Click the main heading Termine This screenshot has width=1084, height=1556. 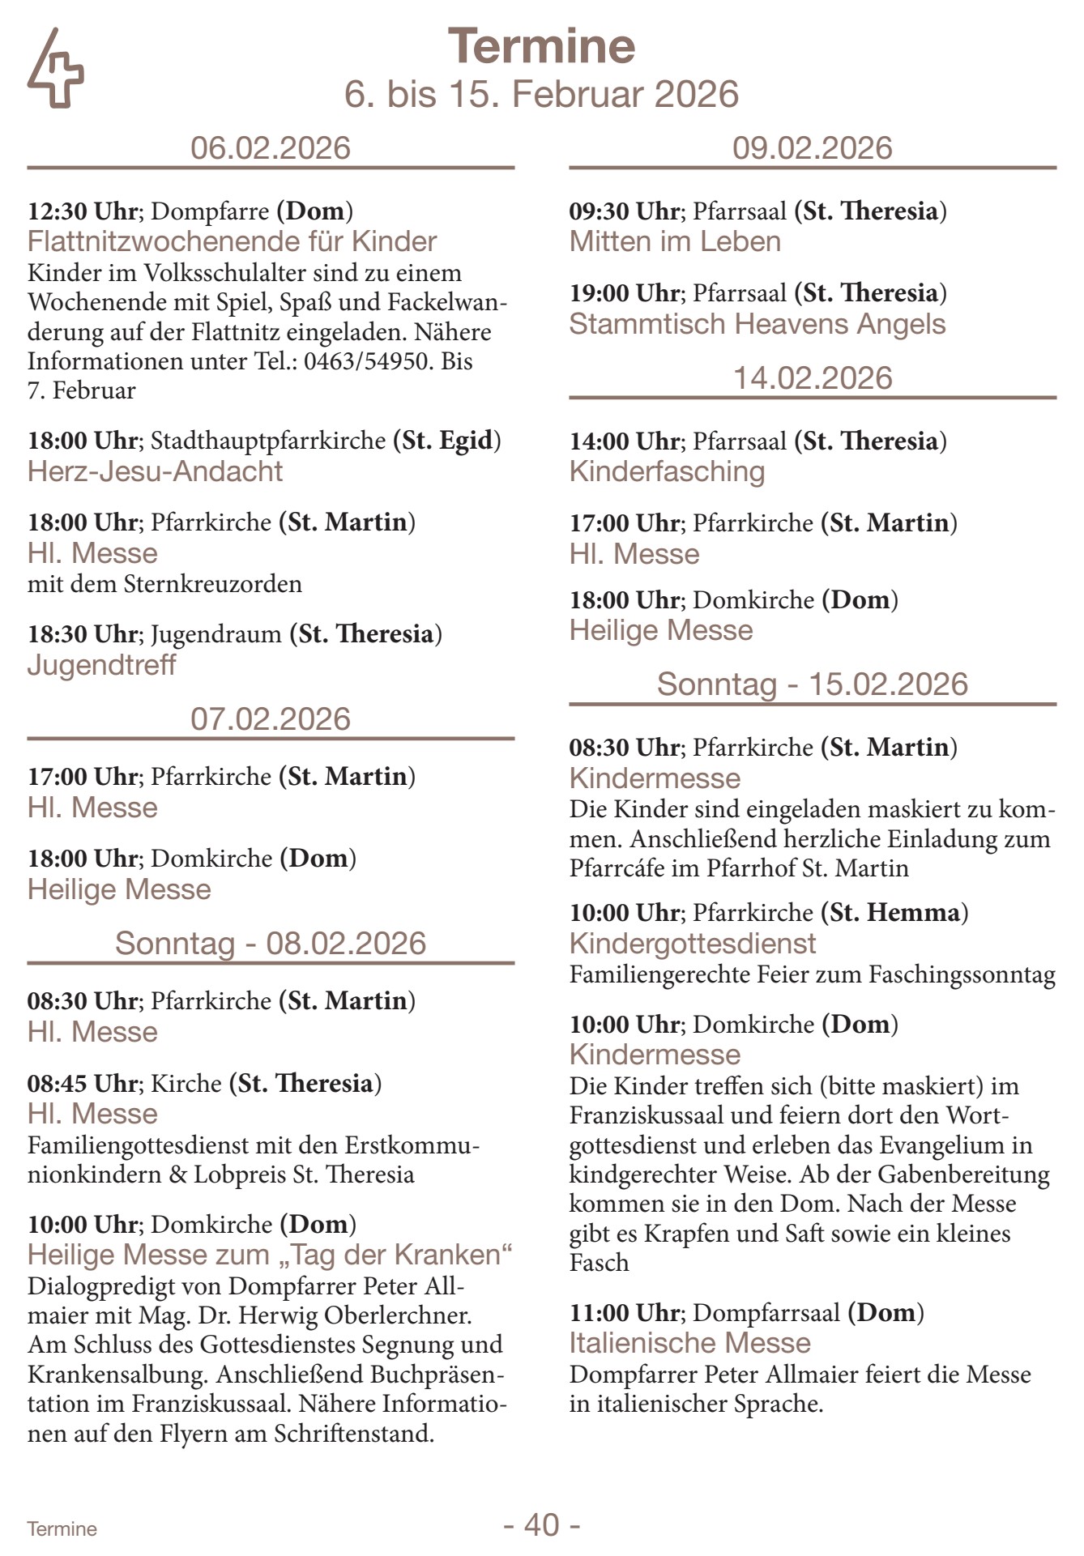(541, 46)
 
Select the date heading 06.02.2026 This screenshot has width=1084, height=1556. (271, 148)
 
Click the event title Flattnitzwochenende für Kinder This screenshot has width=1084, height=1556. (232, 241)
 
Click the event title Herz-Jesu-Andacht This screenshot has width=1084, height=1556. (155, 471)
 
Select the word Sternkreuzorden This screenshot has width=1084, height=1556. (212, 584)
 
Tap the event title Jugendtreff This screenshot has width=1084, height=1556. (101, 665)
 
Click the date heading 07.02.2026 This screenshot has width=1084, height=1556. (271, 719)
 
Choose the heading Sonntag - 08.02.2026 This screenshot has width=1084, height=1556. (271, 944)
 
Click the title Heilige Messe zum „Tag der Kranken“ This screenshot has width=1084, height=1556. (271, 1255)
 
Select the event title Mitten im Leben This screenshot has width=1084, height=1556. (675, 241)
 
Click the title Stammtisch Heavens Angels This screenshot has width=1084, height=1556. (758, 324)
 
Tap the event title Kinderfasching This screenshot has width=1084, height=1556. (667, 471)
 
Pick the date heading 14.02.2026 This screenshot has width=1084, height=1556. (813, 378)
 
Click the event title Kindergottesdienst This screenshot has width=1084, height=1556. (693, 944)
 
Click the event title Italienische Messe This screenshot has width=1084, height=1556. (689, 1343)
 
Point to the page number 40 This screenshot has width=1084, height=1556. (541, 1524)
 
